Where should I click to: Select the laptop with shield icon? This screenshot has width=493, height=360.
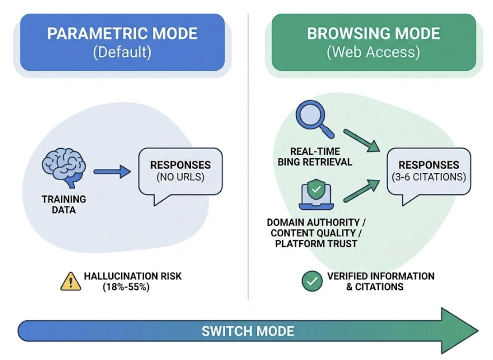click(316, 195)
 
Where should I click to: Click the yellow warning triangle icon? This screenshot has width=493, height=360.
click(71, 281)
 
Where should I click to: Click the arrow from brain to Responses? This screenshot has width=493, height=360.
click(113, 171)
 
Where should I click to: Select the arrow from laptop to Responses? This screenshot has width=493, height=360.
click(361, 192)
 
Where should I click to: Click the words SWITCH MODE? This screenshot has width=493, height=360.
click(248, 331)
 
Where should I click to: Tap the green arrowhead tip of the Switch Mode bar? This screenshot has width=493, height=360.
click(465, 331)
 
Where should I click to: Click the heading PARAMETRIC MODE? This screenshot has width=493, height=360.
click(122, 33)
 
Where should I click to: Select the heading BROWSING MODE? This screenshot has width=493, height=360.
click(373, 33)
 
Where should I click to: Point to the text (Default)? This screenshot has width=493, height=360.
click(122, 52)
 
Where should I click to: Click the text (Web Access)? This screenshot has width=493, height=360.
click(373, 52)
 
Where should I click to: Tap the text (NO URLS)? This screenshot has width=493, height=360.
click(180, 177)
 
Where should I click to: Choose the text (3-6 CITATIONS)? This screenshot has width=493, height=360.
click(429, 177)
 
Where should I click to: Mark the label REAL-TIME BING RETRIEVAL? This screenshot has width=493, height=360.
click(315, 156)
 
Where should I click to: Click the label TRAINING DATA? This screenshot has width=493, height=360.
click(64, 205)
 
